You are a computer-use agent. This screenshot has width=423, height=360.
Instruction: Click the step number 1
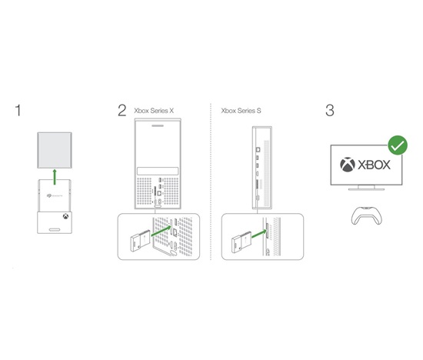(18, 111)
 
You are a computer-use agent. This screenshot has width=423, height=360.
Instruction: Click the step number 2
(122, 111)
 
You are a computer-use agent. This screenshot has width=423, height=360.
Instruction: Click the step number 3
(330, 111)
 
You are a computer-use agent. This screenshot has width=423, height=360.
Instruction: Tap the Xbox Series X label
(154, 111)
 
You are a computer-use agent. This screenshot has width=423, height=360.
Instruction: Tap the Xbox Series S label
(241, 111)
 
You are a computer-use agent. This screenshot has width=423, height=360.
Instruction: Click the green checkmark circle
(398, 145)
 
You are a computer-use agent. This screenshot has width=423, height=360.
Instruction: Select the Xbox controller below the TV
(367, 215)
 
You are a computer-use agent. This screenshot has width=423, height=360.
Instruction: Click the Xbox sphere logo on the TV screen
(348, 165)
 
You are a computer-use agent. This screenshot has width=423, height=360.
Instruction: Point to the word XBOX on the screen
(375, 165)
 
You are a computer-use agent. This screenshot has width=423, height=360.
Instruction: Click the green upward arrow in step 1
(55, 177)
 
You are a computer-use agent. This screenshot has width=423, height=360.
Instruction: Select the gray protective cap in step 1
(55, 150)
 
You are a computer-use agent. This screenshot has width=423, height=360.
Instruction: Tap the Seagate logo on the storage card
(55, 195)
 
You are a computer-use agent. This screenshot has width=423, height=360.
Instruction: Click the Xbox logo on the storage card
(65, 216)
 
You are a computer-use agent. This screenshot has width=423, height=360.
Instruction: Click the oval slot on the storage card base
(55, 230)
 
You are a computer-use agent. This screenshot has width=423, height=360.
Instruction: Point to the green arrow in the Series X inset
(161, 231)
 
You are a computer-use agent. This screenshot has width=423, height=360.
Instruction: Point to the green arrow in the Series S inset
(258, 234)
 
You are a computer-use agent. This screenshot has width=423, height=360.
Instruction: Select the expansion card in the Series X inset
(140, 241)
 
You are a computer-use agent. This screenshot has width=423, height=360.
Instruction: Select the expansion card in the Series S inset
(241, 242)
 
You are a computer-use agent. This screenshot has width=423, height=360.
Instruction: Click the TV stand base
(366, 189)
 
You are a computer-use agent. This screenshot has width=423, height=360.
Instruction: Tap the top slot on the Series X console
(158, 125)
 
